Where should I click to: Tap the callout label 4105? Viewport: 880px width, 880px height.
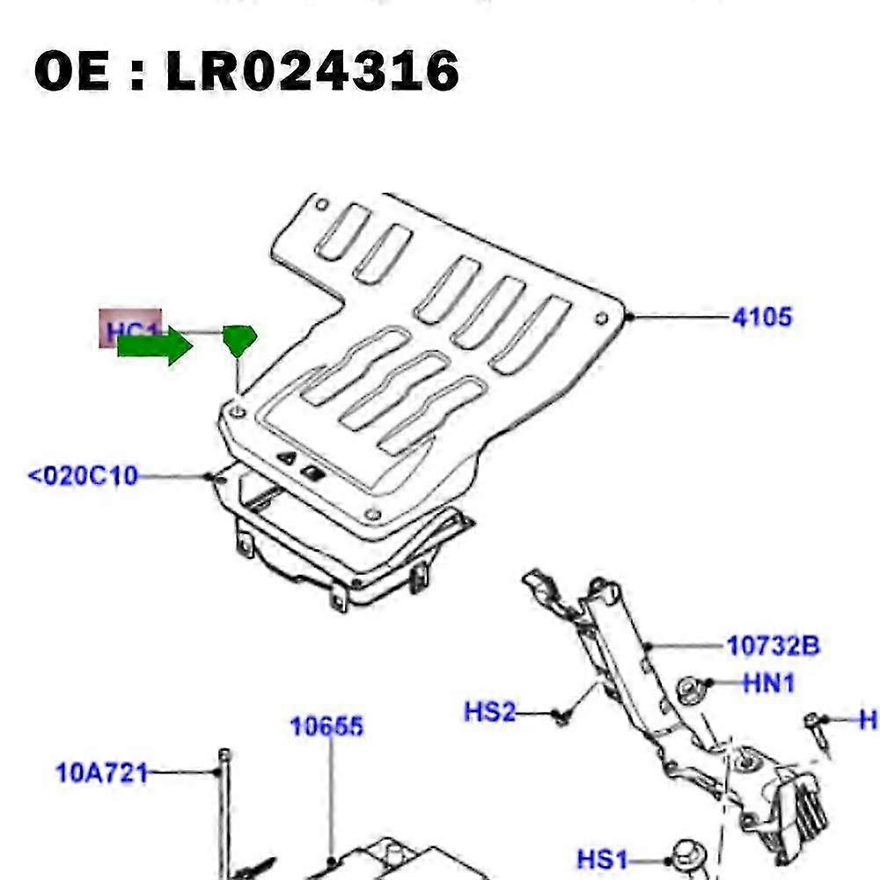coord(761,317)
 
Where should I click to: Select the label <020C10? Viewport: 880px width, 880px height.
coord(84,477)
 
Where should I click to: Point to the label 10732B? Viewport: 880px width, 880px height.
coord(774,647)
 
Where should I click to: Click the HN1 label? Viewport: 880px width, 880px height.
coord(769,682)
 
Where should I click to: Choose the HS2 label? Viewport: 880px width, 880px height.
coord(489,711)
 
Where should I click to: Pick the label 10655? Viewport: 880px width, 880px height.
coord(327,727)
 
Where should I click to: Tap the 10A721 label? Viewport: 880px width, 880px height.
coord(101,774)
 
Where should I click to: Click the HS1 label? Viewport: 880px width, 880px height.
coord(604,857)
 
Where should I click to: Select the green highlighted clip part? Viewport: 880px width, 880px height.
coord(239,339)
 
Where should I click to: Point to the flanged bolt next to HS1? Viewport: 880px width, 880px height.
coord(684,856)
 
